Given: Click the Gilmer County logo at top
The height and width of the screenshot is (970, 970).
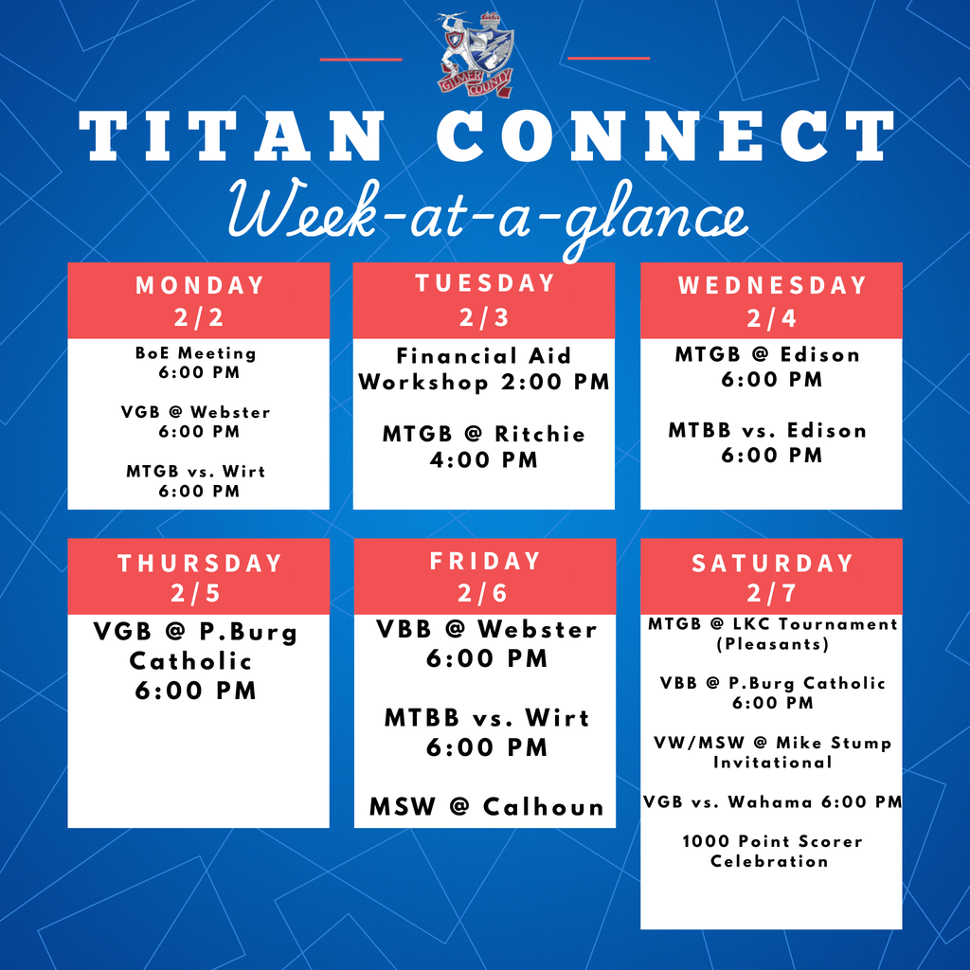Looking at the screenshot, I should tap(476, 55).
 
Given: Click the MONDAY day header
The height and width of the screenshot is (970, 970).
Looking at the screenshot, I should tap(199, 285).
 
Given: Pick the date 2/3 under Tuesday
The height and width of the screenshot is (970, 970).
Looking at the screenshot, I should tap(484, 317).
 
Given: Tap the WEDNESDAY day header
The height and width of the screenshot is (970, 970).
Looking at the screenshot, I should tap(771, 285).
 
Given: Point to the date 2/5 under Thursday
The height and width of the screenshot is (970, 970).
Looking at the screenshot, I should tap(199, 593).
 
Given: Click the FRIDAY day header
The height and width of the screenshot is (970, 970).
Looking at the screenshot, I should tap(485, 561).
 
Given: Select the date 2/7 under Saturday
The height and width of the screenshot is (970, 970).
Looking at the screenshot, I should tap(771, 594).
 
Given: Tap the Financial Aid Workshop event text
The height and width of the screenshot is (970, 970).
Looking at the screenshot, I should tap(484, 369).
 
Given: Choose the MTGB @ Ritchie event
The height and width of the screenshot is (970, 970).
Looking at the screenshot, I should tap(484, 447).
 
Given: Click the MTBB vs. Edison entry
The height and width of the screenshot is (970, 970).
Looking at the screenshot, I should tap(767, 442).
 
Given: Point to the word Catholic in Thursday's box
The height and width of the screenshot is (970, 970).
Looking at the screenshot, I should tap(191, 660).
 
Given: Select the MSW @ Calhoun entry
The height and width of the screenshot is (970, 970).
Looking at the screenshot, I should tap(486, 807).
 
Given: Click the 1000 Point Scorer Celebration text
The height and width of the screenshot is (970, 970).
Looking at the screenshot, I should tap(771, 851).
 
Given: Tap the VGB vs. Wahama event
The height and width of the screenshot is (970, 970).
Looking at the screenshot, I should tap(771, 802).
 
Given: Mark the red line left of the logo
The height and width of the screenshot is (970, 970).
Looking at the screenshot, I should tap(361, 59).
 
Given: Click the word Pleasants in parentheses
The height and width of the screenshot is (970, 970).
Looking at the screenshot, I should tap(771, 644).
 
